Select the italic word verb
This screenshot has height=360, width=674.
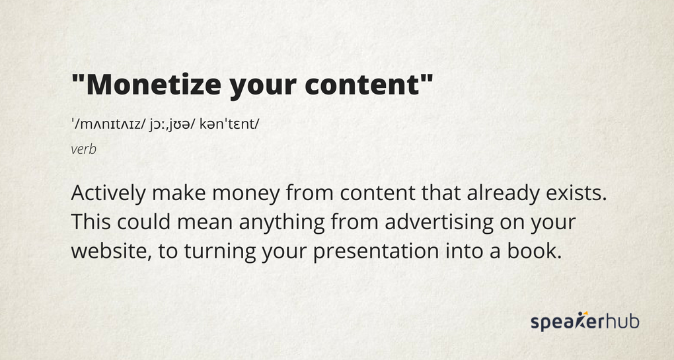pos(83,149)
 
